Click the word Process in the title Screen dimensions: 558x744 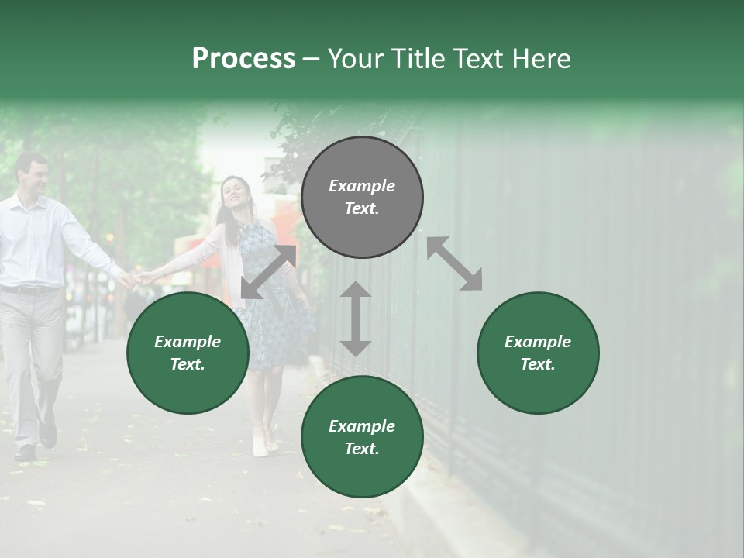point(243,59)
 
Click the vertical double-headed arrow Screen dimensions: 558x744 point(356,319)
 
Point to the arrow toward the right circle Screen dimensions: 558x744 point(455,263)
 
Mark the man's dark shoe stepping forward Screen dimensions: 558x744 point(48,435)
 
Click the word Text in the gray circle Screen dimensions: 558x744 point(361,208)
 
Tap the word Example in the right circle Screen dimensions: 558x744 point(538,342)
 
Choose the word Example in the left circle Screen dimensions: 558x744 point(188,342)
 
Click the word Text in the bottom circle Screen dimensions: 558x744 point(361,449)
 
